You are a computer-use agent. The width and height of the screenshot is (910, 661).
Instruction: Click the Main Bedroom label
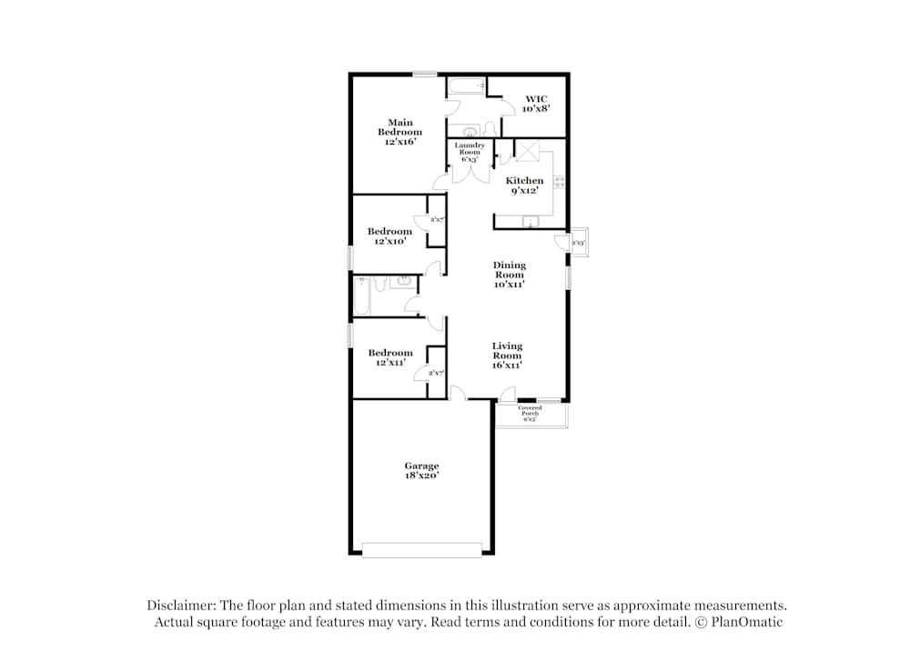click(x=400, y=132)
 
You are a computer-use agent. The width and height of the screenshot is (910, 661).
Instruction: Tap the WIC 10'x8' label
click(x=534, y=104)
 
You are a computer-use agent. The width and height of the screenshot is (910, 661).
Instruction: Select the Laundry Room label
click(x=470, y=152)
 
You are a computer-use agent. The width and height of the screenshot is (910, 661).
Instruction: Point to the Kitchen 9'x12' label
click(x=525, y=185)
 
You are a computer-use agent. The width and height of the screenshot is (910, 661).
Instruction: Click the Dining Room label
click(x=510, y=275)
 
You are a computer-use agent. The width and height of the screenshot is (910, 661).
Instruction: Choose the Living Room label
click(x=507, y=355)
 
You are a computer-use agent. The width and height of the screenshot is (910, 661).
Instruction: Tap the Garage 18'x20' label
click(x=421, y=471)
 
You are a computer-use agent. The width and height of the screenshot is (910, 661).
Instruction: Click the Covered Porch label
click(x=530, y=414)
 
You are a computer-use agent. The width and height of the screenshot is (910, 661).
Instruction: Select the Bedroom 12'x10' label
click(x=389, y=236)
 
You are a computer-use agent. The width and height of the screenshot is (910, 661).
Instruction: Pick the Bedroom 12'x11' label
click(x=389, y=357)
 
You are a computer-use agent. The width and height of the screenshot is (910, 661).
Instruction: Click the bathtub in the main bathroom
click(x=467, y=87)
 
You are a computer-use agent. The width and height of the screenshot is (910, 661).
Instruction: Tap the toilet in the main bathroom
click(x=489, y=129)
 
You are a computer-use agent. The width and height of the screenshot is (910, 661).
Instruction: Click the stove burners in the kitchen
click(x=560, y=180)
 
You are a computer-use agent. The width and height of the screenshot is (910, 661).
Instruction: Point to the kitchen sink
click(x=530, y=221)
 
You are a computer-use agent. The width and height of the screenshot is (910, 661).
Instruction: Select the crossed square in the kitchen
click(x=529, y=150)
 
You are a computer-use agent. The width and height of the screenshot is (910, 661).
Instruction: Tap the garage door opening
click(x=421, y=549)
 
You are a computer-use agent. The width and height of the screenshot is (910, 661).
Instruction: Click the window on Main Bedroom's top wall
click(x=424, y=74)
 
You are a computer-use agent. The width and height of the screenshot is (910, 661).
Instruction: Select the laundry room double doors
click(x=470, y=173)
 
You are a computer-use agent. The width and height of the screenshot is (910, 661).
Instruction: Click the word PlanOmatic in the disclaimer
click(x=749, y=622)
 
